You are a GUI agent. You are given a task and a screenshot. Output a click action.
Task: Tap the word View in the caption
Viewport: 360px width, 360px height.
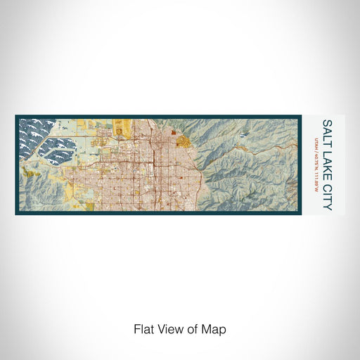point(167,329)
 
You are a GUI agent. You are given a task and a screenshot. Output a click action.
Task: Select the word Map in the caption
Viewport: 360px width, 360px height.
point(217,329)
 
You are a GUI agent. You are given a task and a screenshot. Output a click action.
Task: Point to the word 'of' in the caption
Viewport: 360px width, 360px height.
point(193,329)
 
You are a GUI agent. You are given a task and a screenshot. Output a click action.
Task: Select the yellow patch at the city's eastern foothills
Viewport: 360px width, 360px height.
point(185,141)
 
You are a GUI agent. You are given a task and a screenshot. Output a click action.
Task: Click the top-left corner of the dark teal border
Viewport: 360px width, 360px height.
point(17,117)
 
